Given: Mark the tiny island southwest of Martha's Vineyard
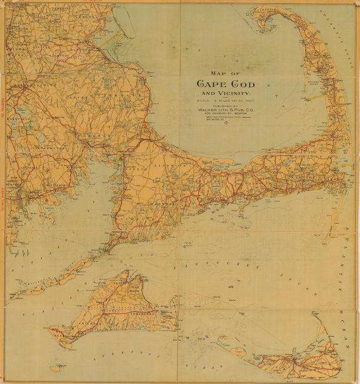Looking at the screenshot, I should click(55, 367).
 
